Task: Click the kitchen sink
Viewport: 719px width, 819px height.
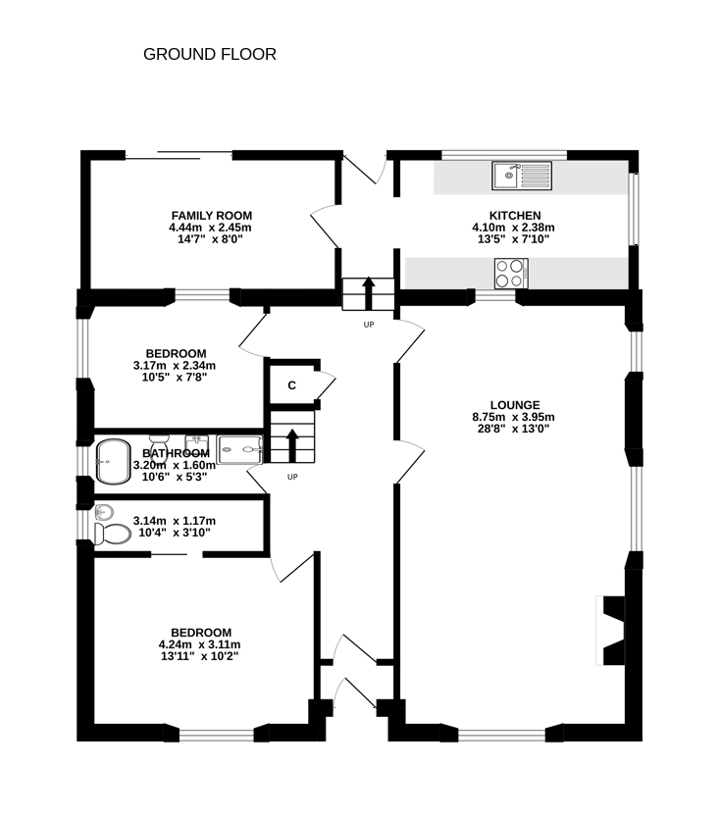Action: tap(523, 177)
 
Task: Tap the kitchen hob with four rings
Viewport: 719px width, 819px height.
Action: tap(511, 273)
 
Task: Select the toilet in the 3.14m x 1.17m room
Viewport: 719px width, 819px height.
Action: tap(112, 534)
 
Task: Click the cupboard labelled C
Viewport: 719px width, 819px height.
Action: tap(291, 385)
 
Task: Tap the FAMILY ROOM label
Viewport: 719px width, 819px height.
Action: tap(212, 215)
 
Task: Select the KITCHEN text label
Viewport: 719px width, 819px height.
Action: tap(514, 215)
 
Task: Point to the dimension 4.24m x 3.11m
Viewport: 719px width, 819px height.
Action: tap(201, 644)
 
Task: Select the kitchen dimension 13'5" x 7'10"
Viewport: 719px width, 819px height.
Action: tap(514, 238)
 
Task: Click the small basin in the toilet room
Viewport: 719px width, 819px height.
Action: tap(105, 511)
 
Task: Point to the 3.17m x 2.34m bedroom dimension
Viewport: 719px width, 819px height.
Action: tap(176, 365)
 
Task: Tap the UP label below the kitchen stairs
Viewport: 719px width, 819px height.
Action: tap(369, 325)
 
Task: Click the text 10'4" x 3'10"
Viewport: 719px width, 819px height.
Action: tap(174, 533)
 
